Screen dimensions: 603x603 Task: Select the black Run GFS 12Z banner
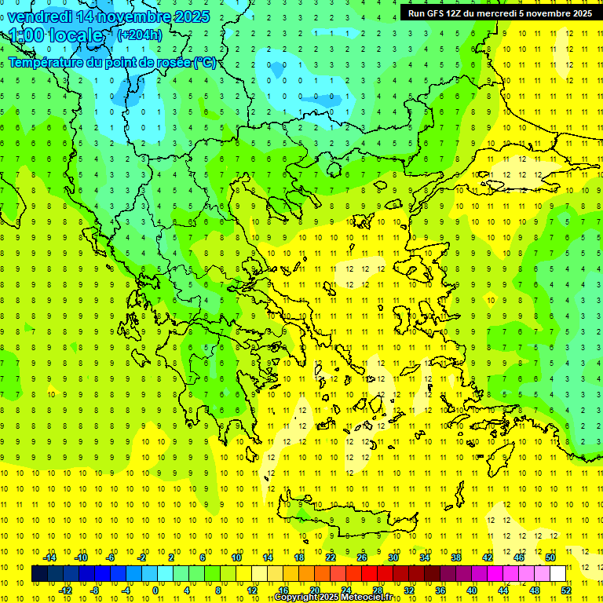[x=500, y=13]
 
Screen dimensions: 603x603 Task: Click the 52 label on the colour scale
[x=565, y=590]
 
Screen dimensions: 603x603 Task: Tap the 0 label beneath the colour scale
[x=155, y=590]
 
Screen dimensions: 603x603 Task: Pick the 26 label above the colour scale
[x=361, y=557]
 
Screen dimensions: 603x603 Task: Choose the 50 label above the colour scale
[x=550, y=557]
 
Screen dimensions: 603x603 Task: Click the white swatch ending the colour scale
[x=557, y=574]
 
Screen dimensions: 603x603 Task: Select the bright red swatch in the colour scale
[x=369, y=574]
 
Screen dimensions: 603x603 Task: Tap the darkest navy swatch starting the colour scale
[x=40, y=574]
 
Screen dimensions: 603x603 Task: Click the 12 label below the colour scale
[x=252, y=590]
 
